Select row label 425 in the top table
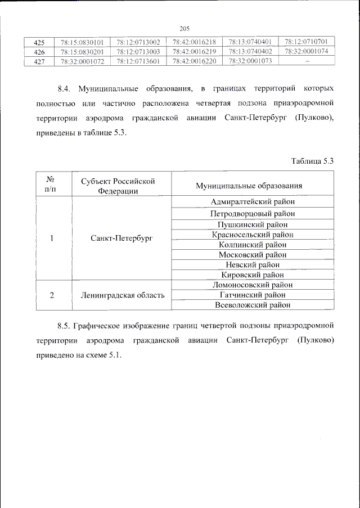(x=39, y=42)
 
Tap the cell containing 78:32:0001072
(x=82, y=61)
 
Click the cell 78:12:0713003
(x=138, y=52)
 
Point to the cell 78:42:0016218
(x=194, y=42)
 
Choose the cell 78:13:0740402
(x=250, y=52)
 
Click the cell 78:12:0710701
(x=307, y=42)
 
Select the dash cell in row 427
(x=307, y=61)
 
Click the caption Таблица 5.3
(x=312, y=161)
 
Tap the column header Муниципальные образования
(x=249, y=186)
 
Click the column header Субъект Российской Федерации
(x=118, y=186)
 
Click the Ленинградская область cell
(x=122, y=295)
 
